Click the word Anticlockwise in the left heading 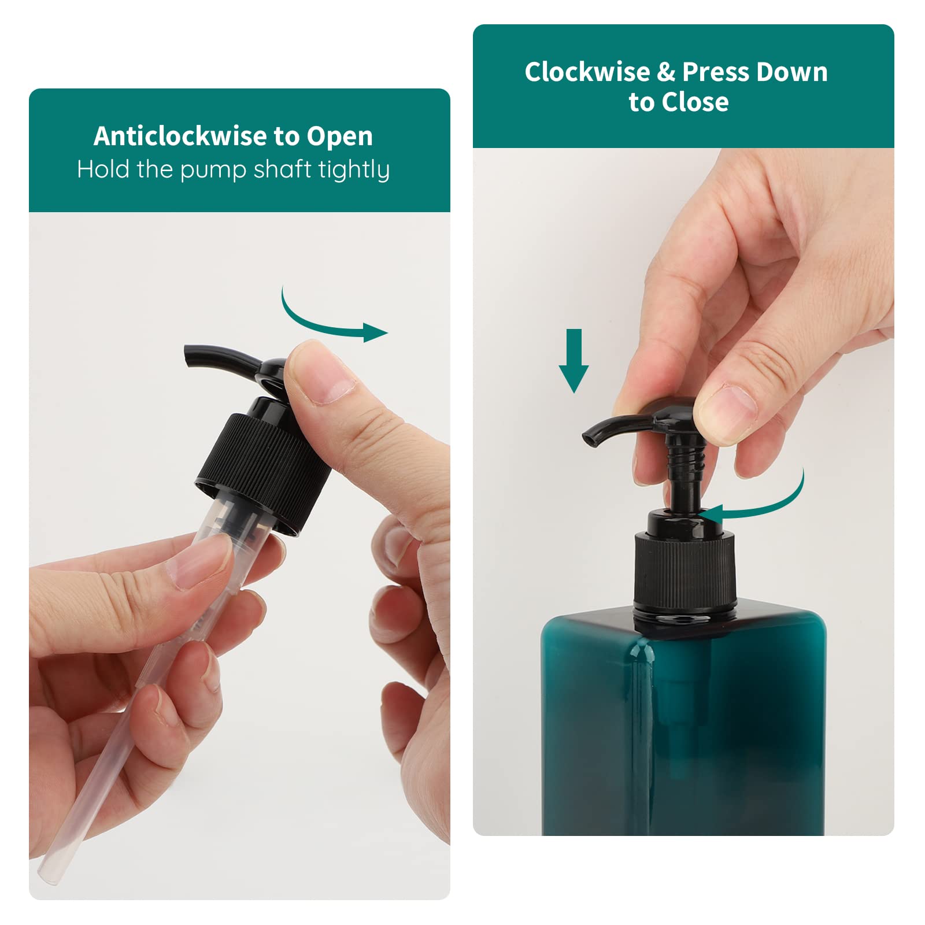point(181,136)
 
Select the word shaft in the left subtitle point(283,169)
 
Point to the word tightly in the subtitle point(354,171)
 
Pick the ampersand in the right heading point(666,72)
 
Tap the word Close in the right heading point(695,102)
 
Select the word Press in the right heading point(715,72)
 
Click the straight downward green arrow point(573,361)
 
